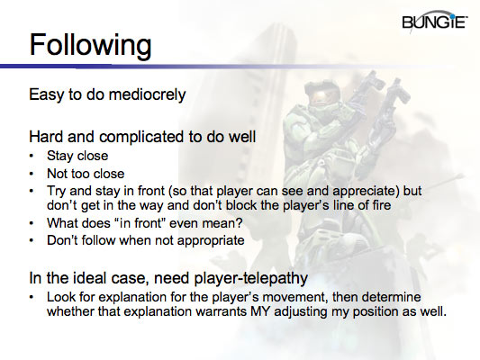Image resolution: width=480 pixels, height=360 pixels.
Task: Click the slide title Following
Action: coord(90,44)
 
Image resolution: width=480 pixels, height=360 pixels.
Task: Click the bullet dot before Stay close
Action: coord(34,155)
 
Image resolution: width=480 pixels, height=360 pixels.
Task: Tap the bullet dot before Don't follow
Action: coord(34,240)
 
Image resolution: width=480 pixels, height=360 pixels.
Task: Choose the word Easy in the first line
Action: coord(48,94)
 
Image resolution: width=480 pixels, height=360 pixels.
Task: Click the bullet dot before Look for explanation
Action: coord(34,297)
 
